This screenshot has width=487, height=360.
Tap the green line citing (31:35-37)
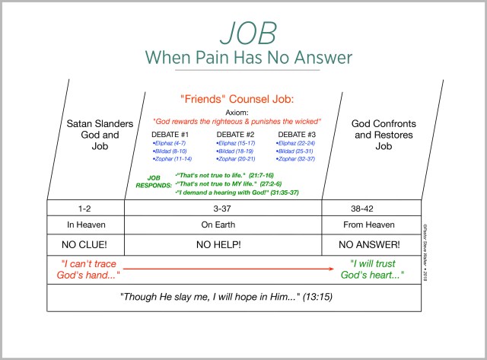click(237, 193)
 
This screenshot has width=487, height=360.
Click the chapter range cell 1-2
click(85, 207)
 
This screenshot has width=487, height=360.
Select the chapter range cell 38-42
click(371, 207)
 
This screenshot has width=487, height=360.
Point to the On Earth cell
click(223, 225)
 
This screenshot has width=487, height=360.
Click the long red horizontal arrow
click(228, 268)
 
